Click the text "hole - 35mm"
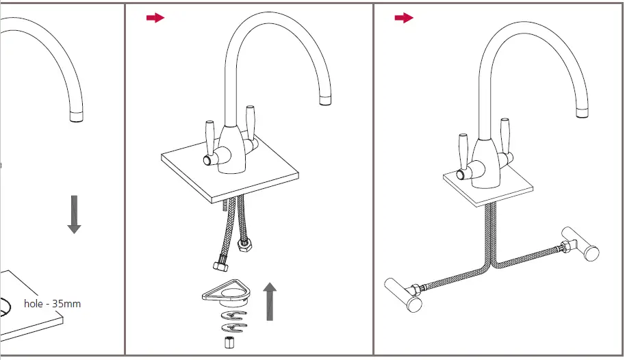pyautogui.click(x=52, y=303)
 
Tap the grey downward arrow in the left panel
pyautogui.click(x=74, y=214)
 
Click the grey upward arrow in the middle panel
pyautogui.click(x=270, y=302)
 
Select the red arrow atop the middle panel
pyautogui.click(x=155, y=18)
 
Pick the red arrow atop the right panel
pyautogui.click(x=404, y=18)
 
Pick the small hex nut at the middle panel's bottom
pyautogui.click(x=228, y=341)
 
